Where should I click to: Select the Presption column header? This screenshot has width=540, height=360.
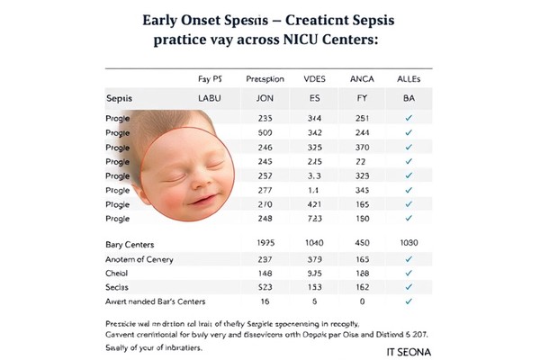265,78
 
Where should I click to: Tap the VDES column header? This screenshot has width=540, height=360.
316,78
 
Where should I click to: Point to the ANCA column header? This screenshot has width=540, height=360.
362,78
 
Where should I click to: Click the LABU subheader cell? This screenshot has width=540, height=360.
210,97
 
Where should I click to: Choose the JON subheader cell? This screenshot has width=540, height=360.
265,97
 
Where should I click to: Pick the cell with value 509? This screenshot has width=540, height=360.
265,132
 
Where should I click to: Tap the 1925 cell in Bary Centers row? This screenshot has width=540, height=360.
265,244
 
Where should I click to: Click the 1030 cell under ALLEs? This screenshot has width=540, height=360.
409,244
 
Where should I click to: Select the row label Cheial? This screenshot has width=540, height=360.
118,273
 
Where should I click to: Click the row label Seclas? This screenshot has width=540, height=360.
119,286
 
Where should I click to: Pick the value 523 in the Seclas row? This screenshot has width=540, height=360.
265,286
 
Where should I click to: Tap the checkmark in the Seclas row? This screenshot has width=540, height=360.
409,286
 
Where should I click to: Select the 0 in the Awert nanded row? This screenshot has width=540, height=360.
362,301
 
